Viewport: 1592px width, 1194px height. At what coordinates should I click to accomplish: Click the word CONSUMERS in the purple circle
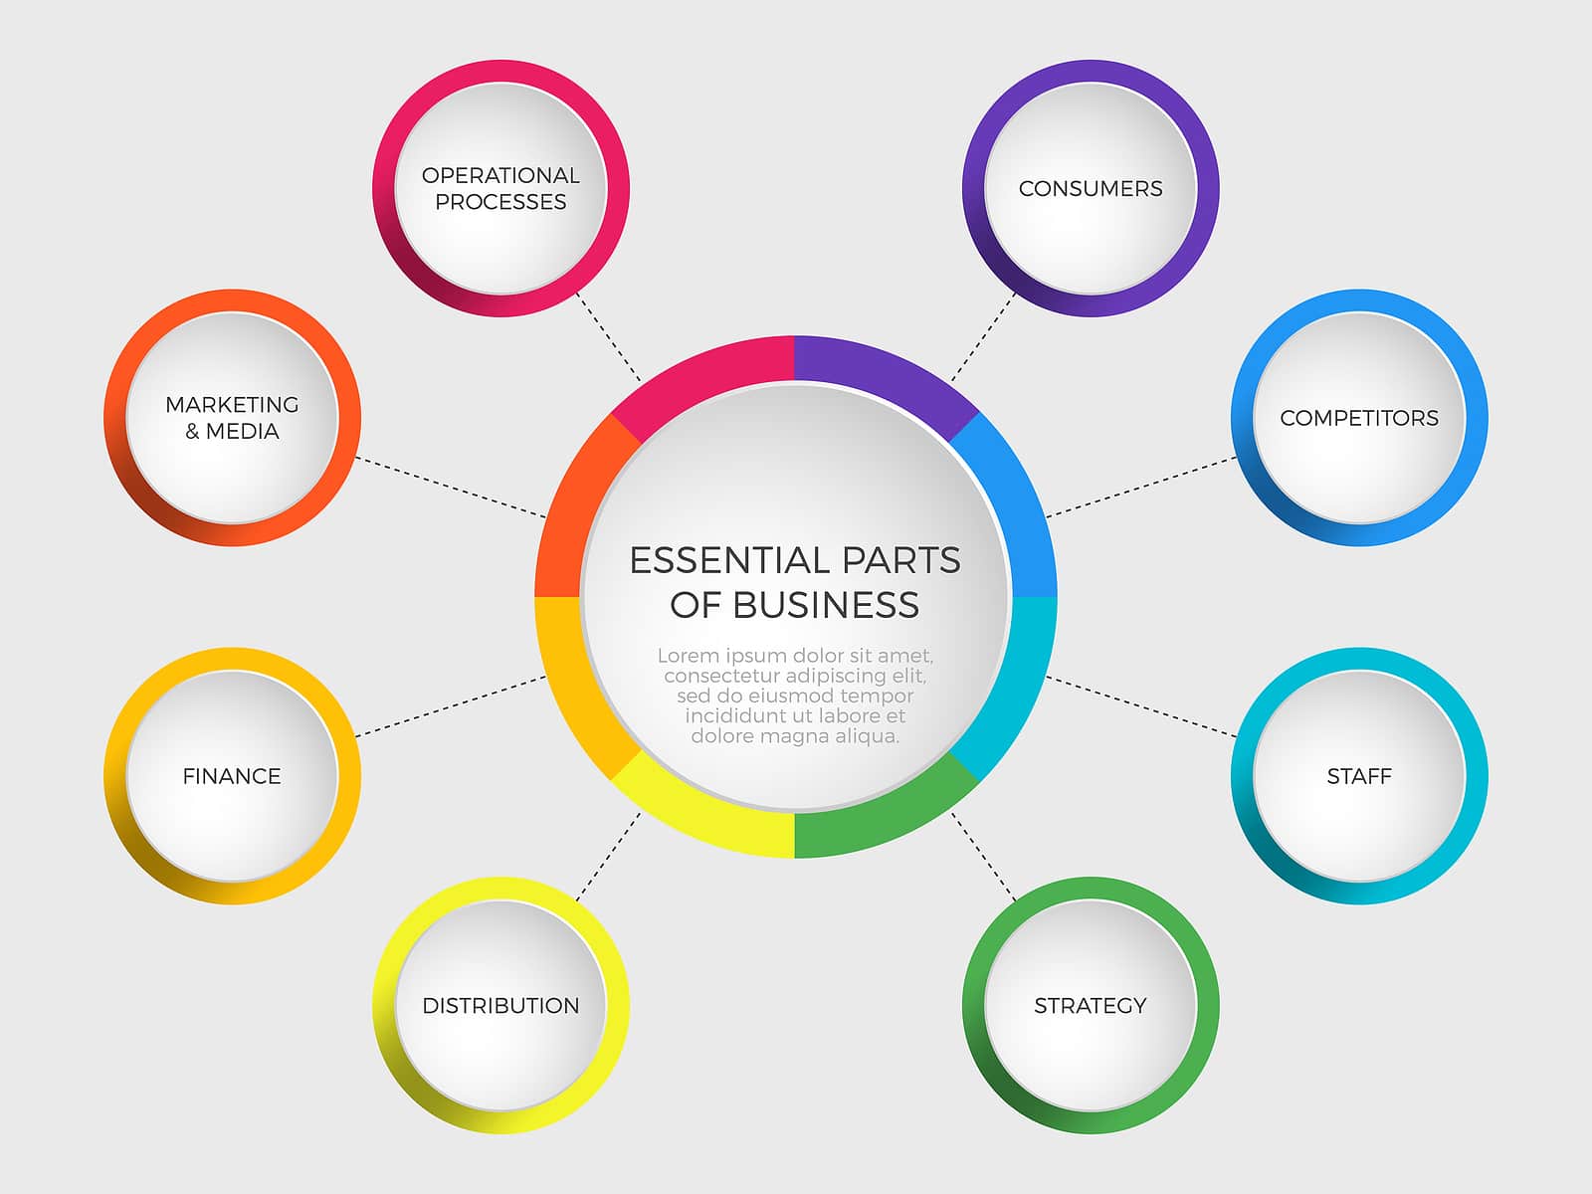point(1091,188)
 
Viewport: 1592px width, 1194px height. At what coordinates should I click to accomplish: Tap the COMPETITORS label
point(1359,418)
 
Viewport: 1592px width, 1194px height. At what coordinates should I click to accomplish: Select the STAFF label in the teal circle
point(1359,776)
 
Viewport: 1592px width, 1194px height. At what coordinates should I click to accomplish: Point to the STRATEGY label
point(1091,1006)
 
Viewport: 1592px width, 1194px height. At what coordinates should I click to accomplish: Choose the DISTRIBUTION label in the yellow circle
point(500,1006)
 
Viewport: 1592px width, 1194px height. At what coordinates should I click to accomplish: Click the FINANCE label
point(232,776)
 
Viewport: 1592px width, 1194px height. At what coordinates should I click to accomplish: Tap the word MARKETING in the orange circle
point(232,405)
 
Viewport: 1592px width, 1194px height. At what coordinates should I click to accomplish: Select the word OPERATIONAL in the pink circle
point(500,175)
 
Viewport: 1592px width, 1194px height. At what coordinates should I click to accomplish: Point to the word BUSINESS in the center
point(826,605)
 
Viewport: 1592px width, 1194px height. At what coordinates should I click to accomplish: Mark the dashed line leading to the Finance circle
point(451,706)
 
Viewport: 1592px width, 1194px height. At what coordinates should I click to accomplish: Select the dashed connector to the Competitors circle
point(1141,487)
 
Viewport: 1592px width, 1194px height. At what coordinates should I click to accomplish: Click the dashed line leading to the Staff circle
point(1141,706)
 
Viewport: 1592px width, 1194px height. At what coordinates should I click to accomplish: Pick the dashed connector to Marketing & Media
point(451,487)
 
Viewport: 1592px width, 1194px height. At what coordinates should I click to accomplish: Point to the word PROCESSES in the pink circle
point(500,202)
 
